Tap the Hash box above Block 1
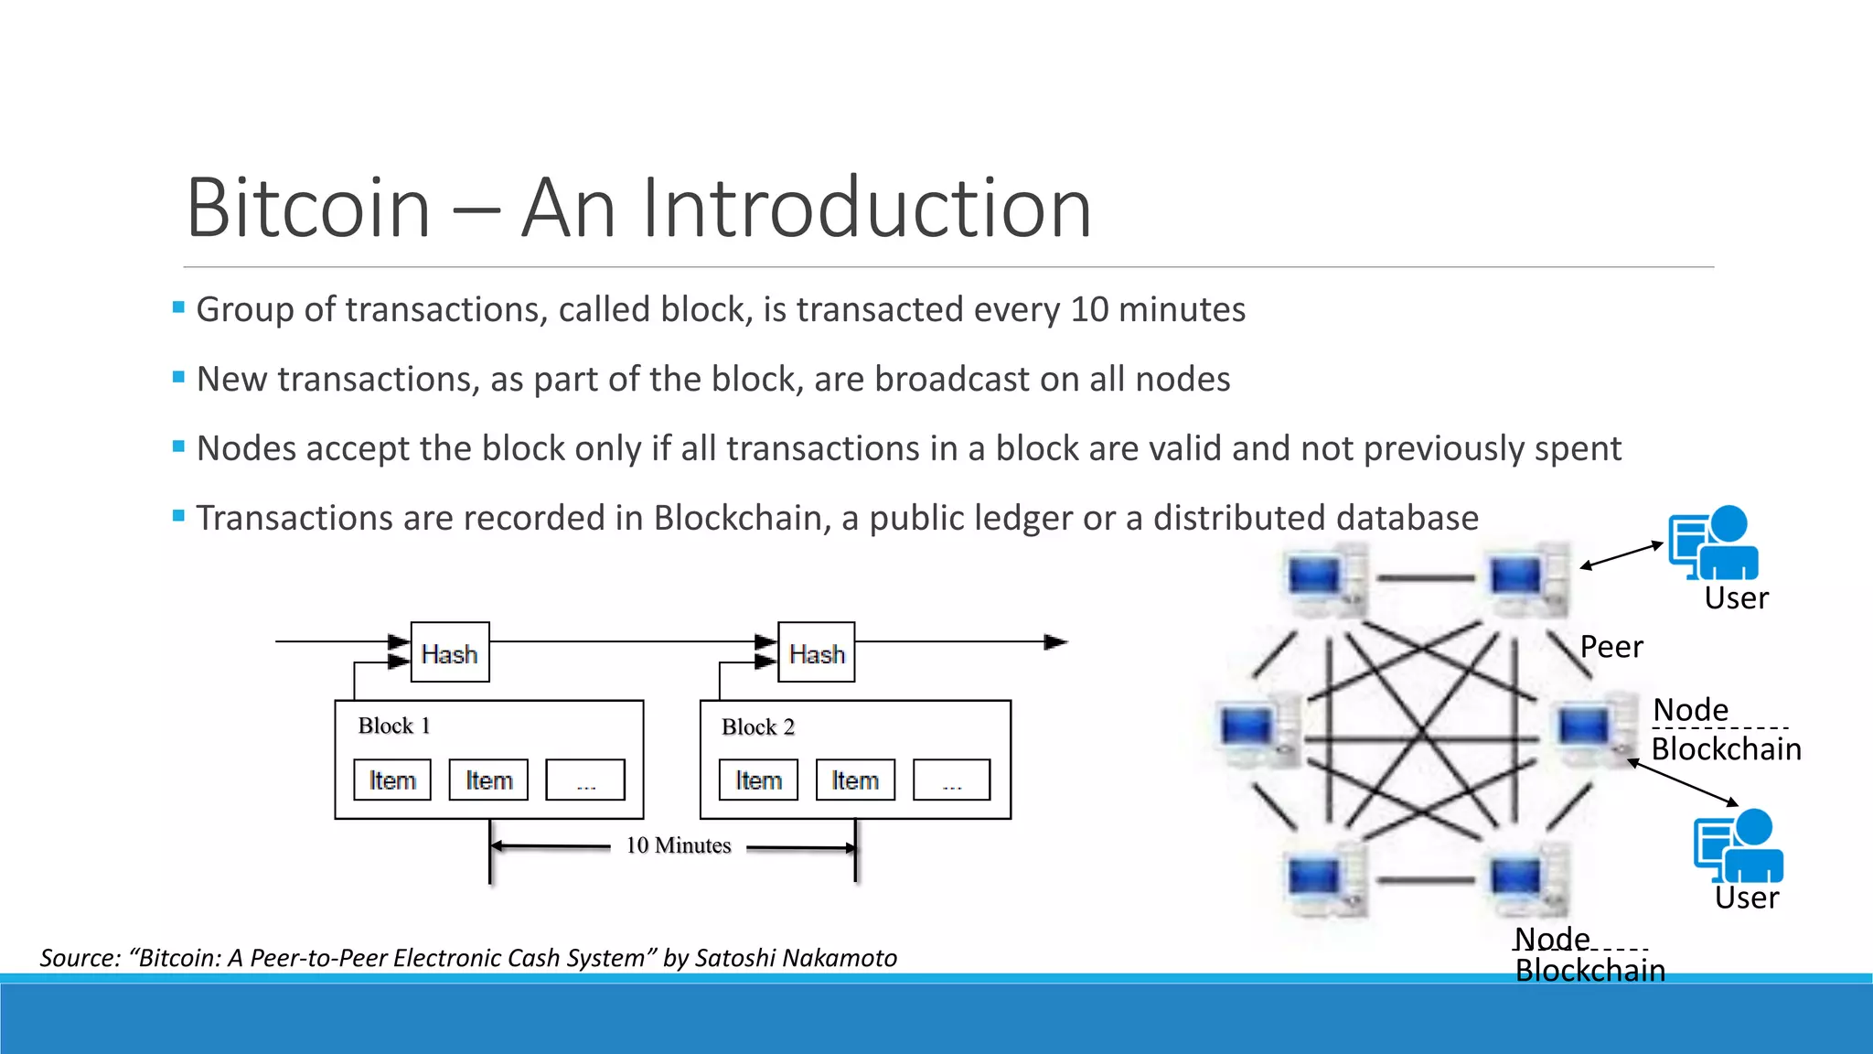pos(449,653)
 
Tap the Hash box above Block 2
pos(816,653)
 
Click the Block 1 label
pos(393,726)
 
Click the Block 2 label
pos(757,726)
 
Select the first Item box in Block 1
pos(392,780)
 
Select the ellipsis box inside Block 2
pos(951,780)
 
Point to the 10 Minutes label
pos(678,845)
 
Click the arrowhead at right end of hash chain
pos(1055,642)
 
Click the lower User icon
pos(1738,845)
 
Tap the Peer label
pos(1611,647)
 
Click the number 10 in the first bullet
pos(1089,309)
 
